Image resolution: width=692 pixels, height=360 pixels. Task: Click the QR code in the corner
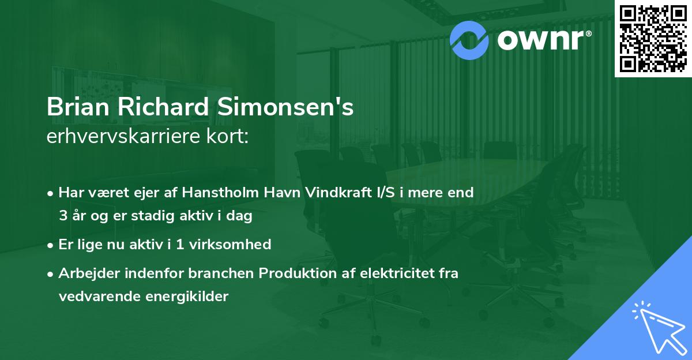click(653, 39)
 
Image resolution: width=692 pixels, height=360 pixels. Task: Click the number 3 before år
click(62, 217)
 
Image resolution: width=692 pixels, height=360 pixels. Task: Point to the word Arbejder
click(85, 273)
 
